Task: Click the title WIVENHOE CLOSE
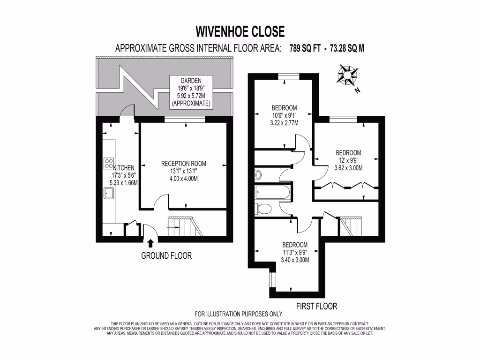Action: (x=240, y=31)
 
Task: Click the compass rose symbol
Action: (x=347, y=75)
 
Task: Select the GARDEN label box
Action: (x=191, y=91)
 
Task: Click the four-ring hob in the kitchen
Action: (x=108, y=164)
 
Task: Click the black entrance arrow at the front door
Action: (x=150, y=243)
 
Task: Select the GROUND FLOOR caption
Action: (x=166, y=256)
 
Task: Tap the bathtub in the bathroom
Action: (x=272, y=192)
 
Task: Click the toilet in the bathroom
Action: (x=262, y=209)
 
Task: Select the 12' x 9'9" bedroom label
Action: (x=348, y=160)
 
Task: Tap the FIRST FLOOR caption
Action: (x=316, y=307)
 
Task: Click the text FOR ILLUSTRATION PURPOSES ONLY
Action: (x=239, y=315)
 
